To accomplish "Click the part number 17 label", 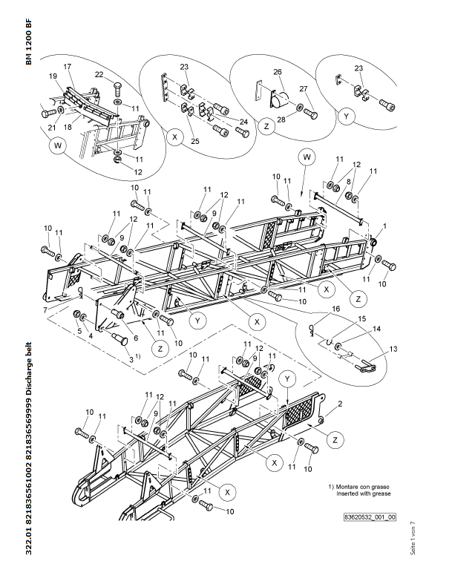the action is [67, 67].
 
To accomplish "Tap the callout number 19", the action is [53, 76].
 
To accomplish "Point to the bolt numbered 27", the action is [311, 114].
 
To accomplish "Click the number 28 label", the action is [281, 119].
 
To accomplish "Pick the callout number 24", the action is [243, 122].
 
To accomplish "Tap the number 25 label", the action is [195, 141].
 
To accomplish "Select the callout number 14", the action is [377, 329].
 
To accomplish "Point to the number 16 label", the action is [335, 309].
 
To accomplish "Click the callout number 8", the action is [348, 181].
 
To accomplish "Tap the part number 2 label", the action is [340, 404].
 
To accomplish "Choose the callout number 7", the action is [45, 310].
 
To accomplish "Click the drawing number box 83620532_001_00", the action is [370, 517].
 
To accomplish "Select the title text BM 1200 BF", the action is [29, 42].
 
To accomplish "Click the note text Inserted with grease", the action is [364, 494].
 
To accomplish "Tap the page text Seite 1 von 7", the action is [413, 538].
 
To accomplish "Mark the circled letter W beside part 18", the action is [58, 145].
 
